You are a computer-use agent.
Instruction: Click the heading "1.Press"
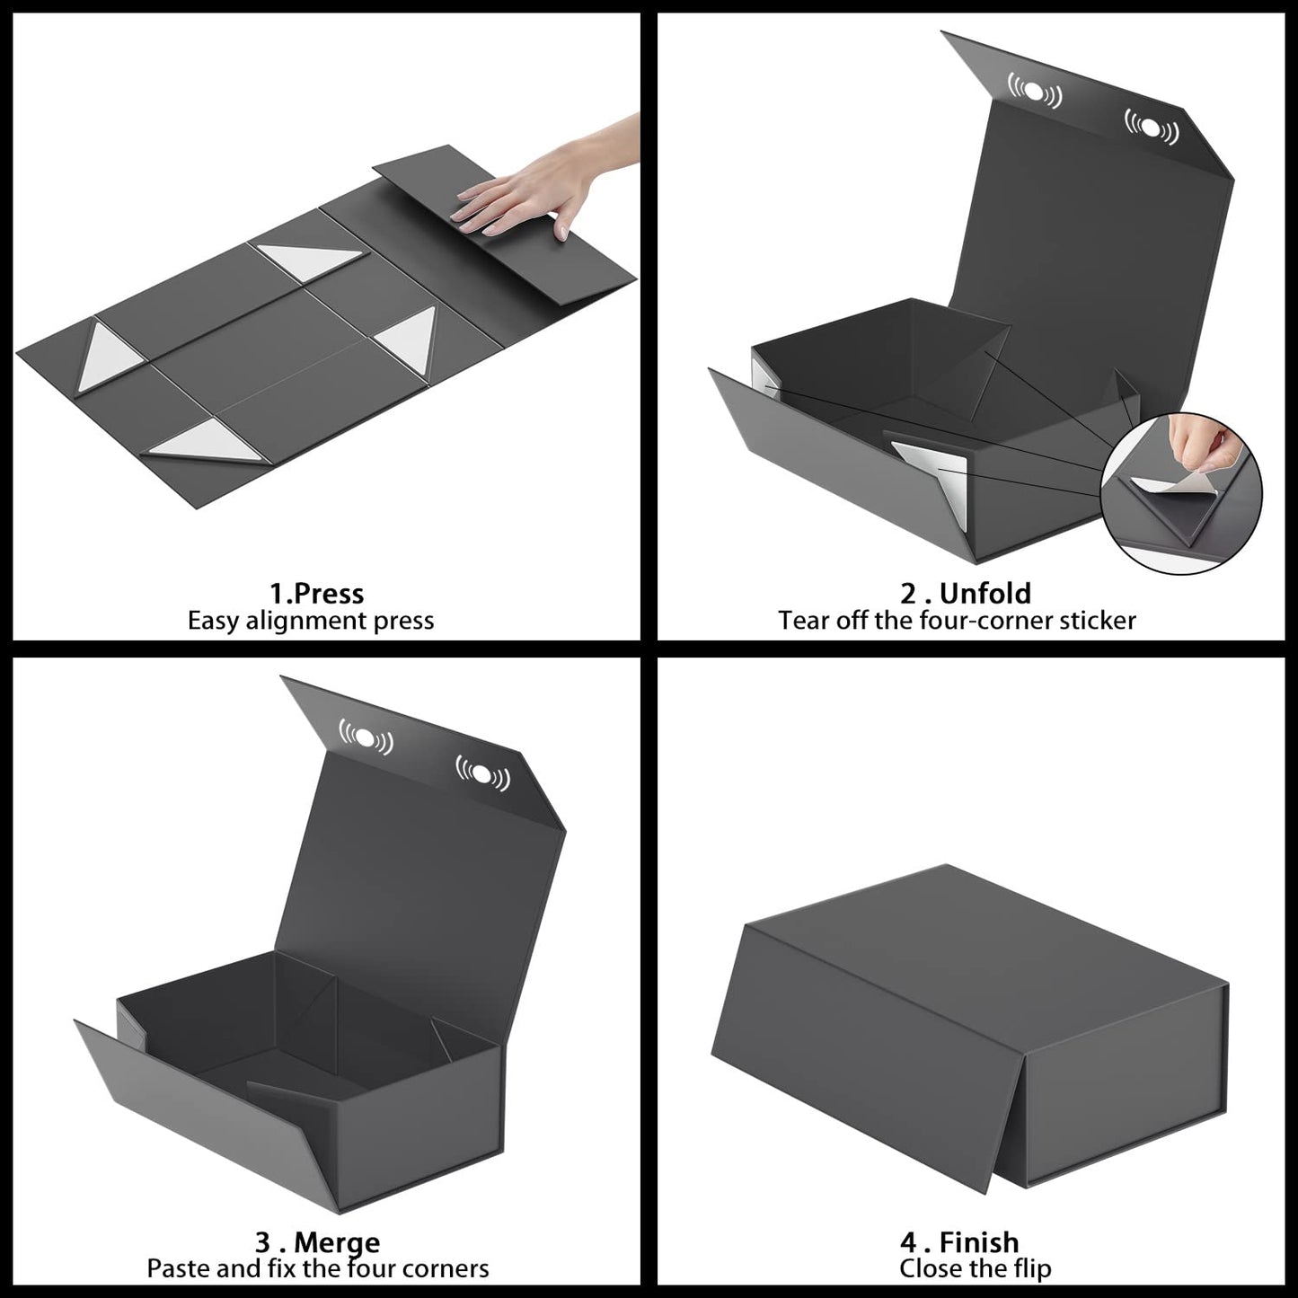coord(316,594)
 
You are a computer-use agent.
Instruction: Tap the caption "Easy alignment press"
coord(311,622)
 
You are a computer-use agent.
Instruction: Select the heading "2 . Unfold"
coord(966,594)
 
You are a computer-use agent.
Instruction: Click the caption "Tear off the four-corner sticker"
coord(957,621)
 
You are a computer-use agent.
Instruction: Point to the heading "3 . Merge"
coord(317,1242)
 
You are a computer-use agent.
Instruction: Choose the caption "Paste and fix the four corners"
coord(318,1268)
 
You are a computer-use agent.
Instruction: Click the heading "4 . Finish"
coord(959,1242)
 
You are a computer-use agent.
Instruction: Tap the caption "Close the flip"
coord(975,1268)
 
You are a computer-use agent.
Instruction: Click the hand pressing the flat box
coord(530,189)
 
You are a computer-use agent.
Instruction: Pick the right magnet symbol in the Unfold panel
coord(1152,127)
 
